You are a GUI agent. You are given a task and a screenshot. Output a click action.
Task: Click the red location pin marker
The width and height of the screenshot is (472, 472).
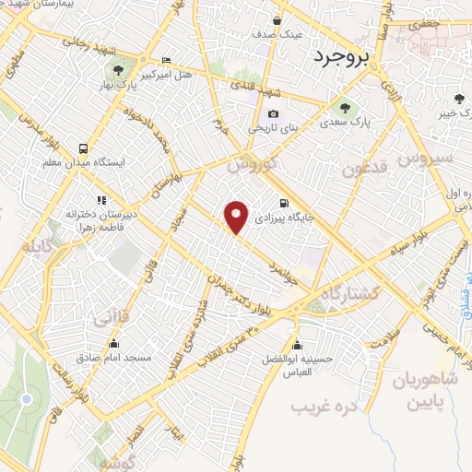tap(237, 217)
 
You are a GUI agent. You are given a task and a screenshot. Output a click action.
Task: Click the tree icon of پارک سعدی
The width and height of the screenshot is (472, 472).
tap(346, 105)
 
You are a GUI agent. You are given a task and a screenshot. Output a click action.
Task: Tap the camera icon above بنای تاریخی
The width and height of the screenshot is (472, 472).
tap(273, 113)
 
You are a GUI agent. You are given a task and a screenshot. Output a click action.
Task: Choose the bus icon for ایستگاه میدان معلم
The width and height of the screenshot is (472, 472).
tap(84, 147)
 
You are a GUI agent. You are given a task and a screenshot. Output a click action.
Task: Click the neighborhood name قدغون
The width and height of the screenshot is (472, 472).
tap(360, 169)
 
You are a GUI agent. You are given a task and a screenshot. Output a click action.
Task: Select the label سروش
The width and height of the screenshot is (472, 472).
tap(426, 159)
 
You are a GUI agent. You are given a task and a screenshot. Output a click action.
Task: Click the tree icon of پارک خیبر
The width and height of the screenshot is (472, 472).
tap(460, 100)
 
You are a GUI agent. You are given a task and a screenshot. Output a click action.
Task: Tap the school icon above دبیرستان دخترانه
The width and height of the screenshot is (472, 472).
tap(100, 199)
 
